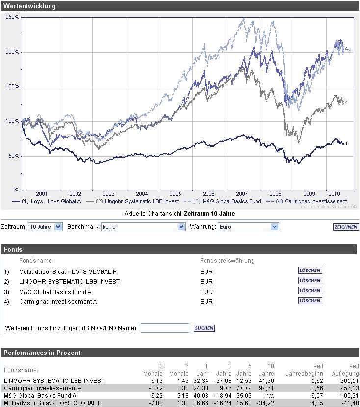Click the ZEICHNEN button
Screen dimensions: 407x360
pos(345,227)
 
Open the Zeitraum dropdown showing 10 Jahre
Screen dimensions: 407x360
pos(45,227)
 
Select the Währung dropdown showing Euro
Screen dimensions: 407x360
pos(248,227)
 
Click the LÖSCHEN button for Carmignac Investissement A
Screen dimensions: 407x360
pos(310,301)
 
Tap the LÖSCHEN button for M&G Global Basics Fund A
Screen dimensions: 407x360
pos(310,291)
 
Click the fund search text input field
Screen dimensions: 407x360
pos(165,328)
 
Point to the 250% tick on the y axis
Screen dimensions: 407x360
pos(13,17)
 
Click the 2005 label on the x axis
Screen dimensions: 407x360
pos(175,194)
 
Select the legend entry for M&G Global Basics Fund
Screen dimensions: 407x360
pos(224,201)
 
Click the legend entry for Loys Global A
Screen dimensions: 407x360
pos(47,201)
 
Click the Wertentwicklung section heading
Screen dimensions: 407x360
pos(30,6)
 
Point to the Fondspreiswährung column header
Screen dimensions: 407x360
pos(227,260)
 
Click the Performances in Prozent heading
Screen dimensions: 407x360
pos(42,353)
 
